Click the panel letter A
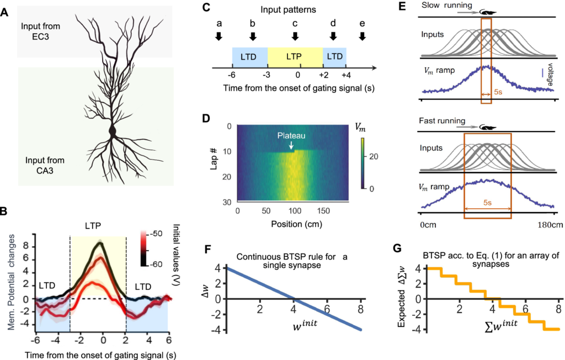click(x=4, y=13)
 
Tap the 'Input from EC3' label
click(x=40, y=31)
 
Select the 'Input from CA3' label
click(x=45, y=165)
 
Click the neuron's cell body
click(x=113, y=131)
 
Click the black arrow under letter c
click(x=295, y=36)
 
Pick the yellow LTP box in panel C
click(x=295, y=57)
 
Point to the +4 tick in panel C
click(x=346, y=75)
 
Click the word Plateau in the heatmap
click(x=291, y=136)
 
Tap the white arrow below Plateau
click(x=291, y=145)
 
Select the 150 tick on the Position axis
click(x=323, y=211)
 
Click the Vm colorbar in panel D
click(x=363, y=163)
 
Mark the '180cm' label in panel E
click(x=550, y=225)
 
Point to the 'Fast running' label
click(x=442, y=121)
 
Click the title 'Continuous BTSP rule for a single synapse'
click(x=292, y=261)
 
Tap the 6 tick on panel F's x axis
click(x=327, y=309)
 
